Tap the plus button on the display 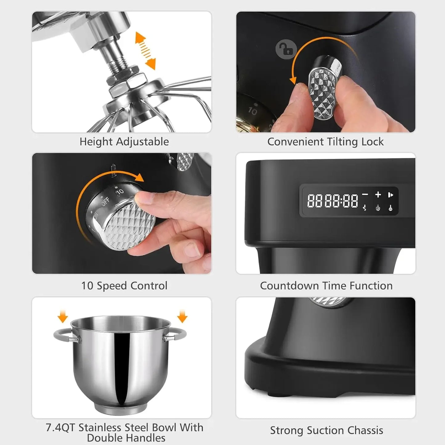point(378,194)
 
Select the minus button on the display point(365,194)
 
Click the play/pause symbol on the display point(390,195)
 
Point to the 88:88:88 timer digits point(333,201)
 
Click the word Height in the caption point(96,142)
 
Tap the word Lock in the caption point(373,142)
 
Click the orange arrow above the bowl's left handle point(63,317)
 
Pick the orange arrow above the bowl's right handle point(182,317)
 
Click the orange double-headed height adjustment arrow point(145,51)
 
